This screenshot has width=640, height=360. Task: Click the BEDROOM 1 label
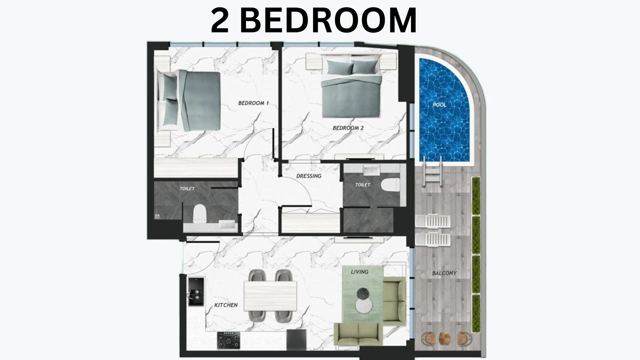pos(253,103)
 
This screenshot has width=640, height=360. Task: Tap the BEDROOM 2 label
pos(348,128)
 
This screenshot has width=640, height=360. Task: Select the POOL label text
pos(439,105)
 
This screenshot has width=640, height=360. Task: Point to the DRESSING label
pos(309,176)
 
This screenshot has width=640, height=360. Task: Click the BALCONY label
pos(444,273)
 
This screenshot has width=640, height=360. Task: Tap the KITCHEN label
pos(226,305)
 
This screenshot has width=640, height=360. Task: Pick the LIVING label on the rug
pos(359,272)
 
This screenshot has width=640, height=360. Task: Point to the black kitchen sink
pos(195,292)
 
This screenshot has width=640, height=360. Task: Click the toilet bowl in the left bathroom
pos(200,213)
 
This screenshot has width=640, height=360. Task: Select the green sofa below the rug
pos(358,334)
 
